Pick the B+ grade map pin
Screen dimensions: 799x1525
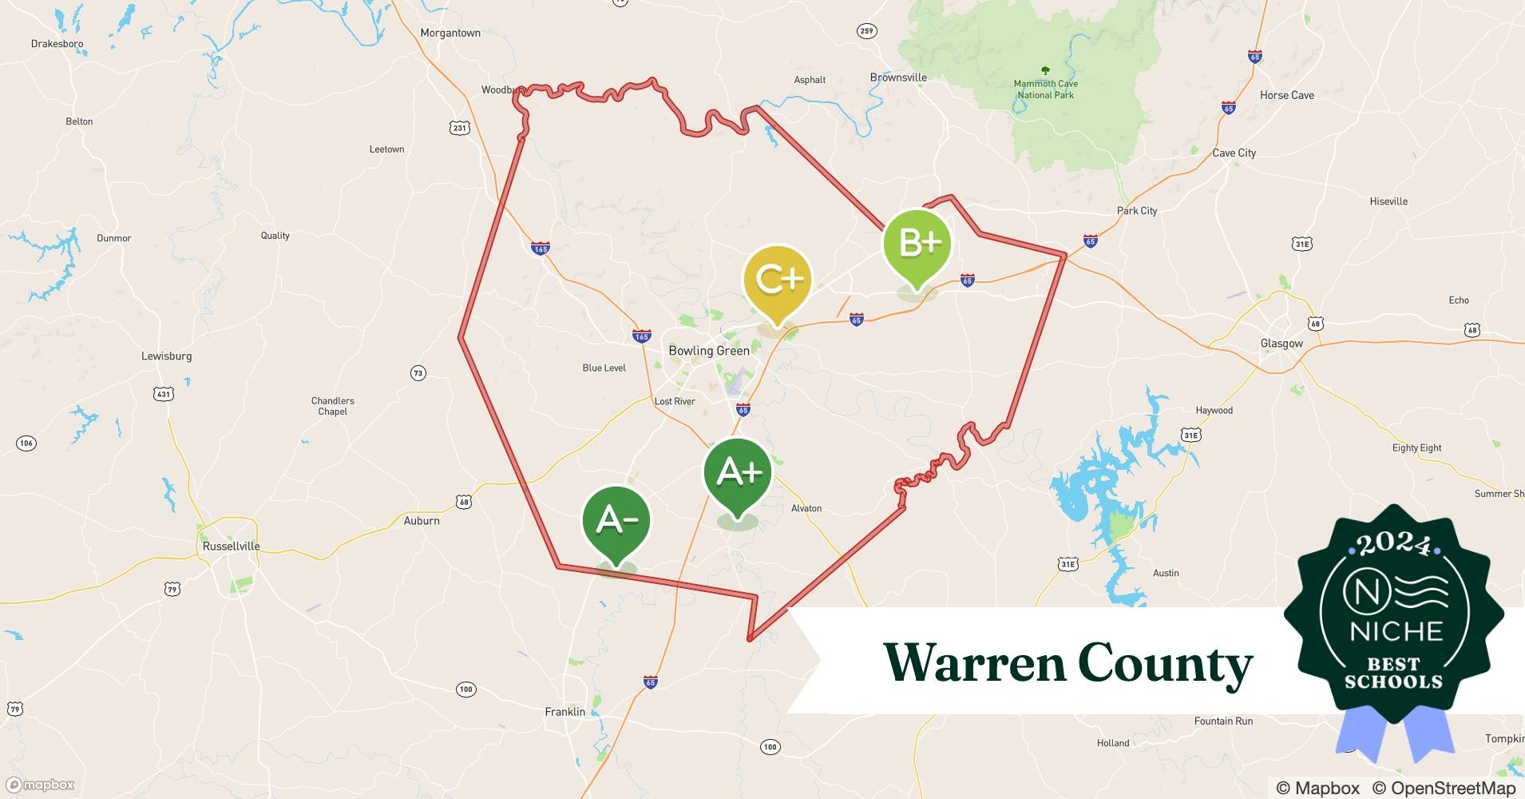click(917, 244)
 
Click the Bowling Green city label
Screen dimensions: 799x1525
click(708, 351)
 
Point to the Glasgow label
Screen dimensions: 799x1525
click(1281, 344)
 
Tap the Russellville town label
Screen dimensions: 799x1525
click(231, 547)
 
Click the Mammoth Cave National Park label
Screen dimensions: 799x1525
click(1045, 89)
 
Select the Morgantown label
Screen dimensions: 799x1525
click(450, 33)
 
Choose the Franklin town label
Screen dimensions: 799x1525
click(564, 712)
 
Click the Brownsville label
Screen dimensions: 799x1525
click(898, 78)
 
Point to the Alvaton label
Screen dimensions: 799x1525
click(806, 508)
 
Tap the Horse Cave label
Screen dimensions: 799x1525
click(1286, 95)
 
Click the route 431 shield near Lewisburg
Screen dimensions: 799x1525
click(163, 394)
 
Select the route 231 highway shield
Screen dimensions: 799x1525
click(459, 128)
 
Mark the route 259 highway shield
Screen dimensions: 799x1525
click(866, 31)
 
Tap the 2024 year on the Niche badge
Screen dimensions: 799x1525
click(1393, 545)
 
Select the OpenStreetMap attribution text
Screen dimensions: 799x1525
click(1444, 788)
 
